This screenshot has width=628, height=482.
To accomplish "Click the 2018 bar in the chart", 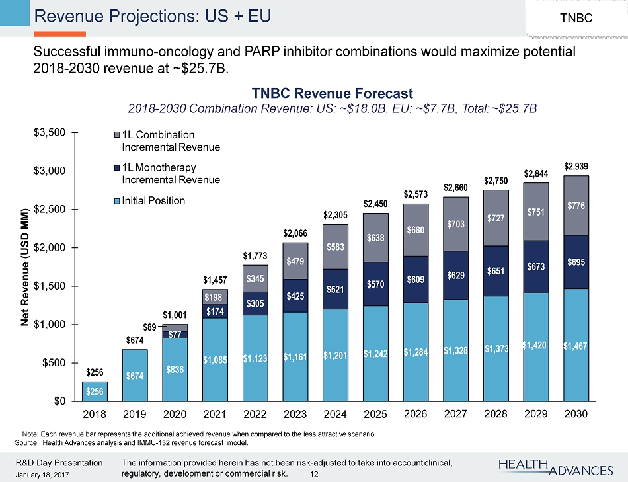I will [x=95, y=391].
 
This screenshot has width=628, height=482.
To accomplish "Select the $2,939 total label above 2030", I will [x=576, y=165].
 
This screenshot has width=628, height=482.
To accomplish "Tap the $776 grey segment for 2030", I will [x=576, y=206].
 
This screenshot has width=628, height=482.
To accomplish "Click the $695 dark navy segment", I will [x=576, y=262].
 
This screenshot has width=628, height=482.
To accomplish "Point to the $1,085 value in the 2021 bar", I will [x=216, y=359].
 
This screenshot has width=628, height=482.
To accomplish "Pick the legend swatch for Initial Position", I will [x=118, y=200].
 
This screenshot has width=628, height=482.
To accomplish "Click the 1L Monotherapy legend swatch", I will [x=118, y=168].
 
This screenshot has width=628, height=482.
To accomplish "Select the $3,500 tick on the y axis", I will [x=50, y=133].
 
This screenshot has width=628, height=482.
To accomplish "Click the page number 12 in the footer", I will [x=314, y=474].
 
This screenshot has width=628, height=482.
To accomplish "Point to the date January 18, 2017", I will [x=43, y=475].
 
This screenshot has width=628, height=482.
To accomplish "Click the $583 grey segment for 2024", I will [x=335, y=247].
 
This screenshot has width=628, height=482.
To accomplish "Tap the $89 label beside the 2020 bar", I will [x=150, y=327].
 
